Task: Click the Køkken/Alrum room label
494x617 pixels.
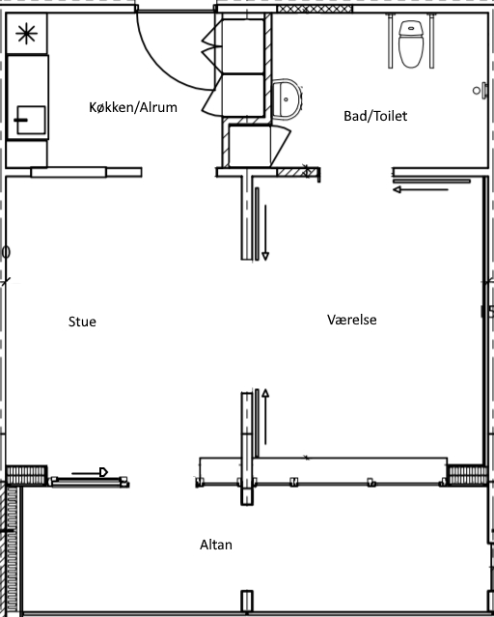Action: click(x=133, y=107)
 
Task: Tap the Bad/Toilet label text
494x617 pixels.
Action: click(x=375, y=116)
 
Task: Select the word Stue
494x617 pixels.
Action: click(x=82, y=322)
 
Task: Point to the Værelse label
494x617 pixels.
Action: click(x=351, y=320)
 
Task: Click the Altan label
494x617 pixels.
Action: click(x=216, y=545)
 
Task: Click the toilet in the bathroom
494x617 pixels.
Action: click(x=411, y=44)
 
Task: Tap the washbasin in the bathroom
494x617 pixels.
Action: click(x=288, y=99)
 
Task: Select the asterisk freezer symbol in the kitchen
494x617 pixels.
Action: click(x=26, y=34)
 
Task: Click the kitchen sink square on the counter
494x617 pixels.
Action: click(x=31, y=120)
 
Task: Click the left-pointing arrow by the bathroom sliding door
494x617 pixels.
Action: click(x=421, y=189)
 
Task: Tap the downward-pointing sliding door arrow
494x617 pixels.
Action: click(x=265, y=233)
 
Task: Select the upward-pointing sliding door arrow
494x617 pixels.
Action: click(x=265, y=417)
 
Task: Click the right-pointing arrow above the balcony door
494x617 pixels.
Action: click(x=90, y=472)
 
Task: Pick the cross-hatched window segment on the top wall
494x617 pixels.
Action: click(x=315, y=9)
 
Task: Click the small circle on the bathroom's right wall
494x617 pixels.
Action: click(x=477, y=91)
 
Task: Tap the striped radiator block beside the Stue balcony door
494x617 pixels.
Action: click(x=27, y=475)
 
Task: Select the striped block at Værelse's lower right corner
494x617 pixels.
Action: click(x=467, y=475)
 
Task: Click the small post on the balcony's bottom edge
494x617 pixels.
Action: click(x=247, y=602)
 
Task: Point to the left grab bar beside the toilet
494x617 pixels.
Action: click(x=390, y=41)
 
